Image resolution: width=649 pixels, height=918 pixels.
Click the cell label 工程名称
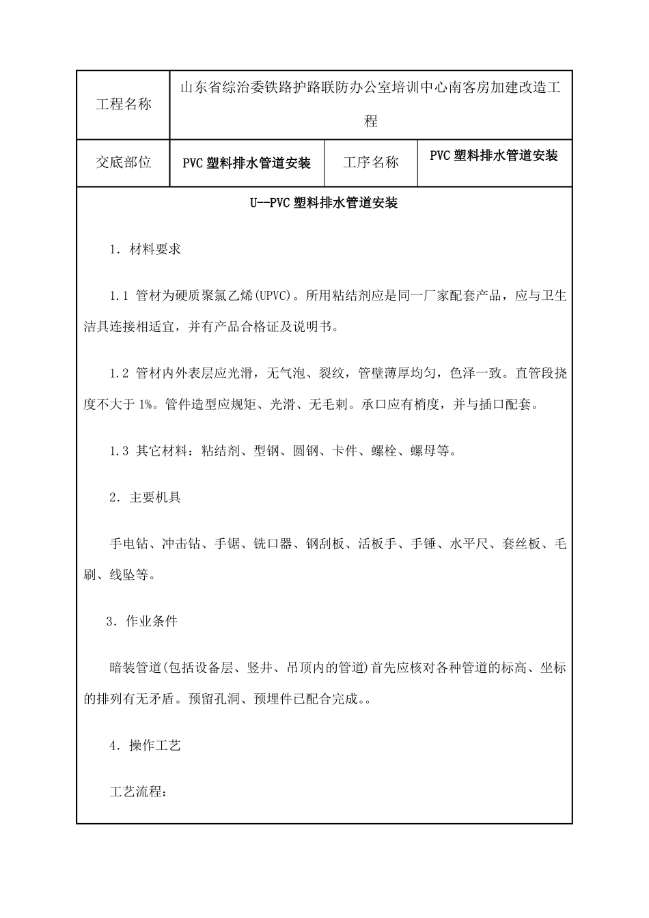[123, 105]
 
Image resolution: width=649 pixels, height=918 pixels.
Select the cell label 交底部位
[123, 163]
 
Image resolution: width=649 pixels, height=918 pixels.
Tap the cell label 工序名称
[370, 163]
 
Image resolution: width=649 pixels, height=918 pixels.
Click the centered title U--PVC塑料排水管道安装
[324, 203]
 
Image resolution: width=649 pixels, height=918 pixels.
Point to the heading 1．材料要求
[145, 249]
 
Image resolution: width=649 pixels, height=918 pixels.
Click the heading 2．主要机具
[145, 497]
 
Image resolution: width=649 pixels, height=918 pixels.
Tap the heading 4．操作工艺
[145, 746]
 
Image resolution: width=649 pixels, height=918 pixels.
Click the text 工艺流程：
[138, 792]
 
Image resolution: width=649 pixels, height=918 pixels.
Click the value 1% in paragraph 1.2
[147, 405]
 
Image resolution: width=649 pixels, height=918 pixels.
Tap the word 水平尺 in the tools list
[469, 544]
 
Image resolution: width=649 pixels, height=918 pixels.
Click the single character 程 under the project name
[370, 122]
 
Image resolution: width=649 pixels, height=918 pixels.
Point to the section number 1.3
[119, 451]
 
